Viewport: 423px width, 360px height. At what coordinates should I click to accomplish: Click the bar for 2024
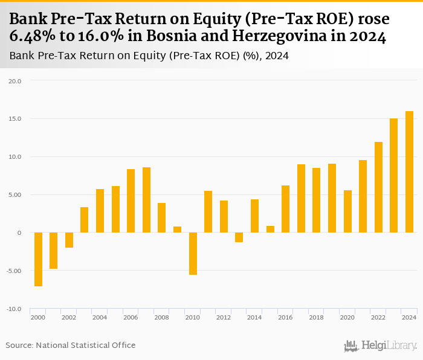point(409,172)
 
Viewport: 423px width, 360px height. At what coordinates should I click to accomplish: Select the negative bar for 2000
point(38,259)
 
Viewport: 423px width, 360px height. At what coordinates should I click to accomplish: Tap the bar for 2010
point(193,254)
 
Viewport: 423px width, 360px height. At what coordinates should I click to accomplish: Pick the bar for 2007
point(146,200)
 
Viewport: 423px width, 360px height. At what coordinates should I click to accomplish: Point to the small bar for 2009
point(177,230)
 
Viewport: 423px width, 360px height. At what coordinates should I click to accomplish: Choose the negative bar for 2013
point(239,237)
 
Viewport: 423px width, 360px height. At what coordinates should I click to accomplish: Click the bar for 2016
point(285,209)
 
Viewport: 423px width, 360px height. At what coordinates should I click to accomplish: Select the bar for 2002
point(69,240)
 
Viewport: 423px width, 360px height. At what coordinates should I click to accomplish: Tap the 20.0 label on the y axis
point(15,81)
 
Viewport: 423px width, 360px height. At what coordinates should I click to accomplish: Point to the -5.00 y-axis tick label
point(13,271)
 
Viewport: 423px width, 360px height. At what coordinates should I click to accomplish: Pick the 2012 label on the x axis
point(224,317)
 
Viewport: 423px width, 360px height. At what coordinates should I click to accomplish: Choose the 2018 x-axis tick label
point(316,317)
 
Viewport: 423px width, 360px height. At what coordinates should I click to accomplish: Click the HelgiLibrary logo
point(380,346)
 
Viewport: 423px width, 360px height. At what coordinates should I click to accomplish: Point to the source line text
point(71,345)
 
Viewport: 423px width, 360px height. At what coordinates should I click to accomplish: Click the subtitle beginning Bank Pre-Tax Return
point(149,56)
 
